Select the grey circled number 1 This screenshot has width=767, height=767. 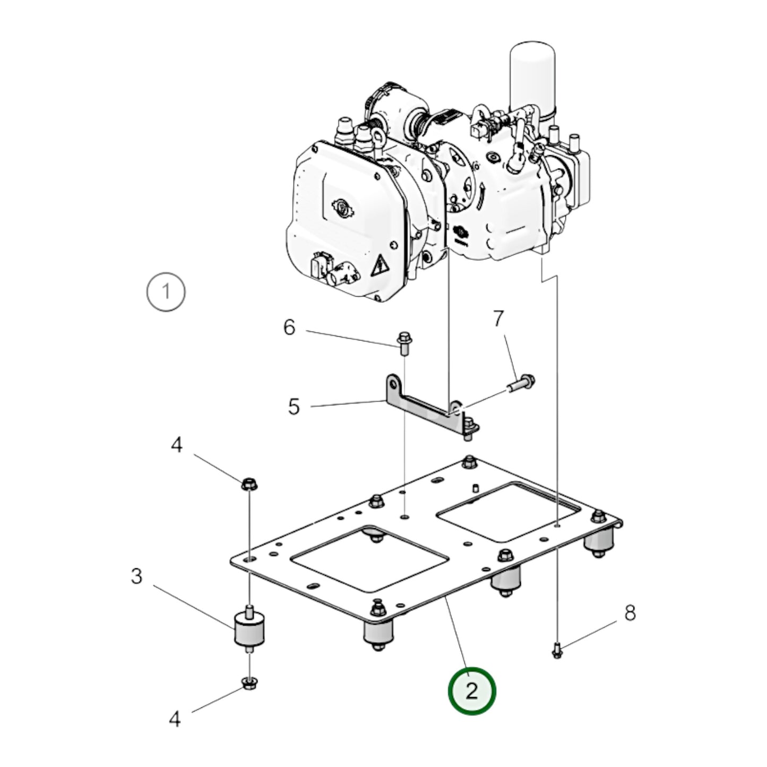tap(166, 292)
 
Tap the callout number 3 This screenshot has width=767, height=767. tap(136, 576)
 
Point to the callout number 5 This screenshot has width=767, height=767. tap(294, 407)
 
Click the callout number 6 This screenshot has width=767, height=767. tap(289, 328)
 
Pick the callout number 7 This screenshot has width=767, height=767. tap(498, 319)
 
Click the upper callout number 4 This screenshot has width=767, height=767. tap(177, 444)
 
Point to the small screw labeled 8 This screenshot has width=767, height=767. tap(557, 652)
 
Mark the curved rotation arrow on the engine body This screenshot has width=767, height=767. tap(480, 195)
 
